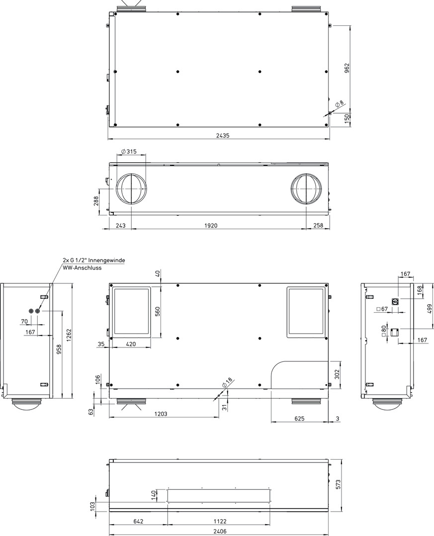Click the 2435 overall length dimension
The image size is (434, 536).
[223, 135]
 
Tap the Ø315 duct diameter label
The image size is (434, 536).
[129, 151]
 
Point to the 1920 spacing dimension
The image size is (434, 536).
[211, 225]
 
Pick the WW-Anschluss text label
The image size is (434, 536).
[82, 268]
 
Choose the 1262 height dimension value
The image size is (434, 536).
[68, 336]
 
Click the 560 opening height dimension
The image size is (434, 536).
[158, 311]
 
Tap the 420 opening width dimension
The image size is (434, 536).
[131, 344]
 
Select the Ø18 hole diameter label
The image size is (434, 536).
[227, 383]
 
